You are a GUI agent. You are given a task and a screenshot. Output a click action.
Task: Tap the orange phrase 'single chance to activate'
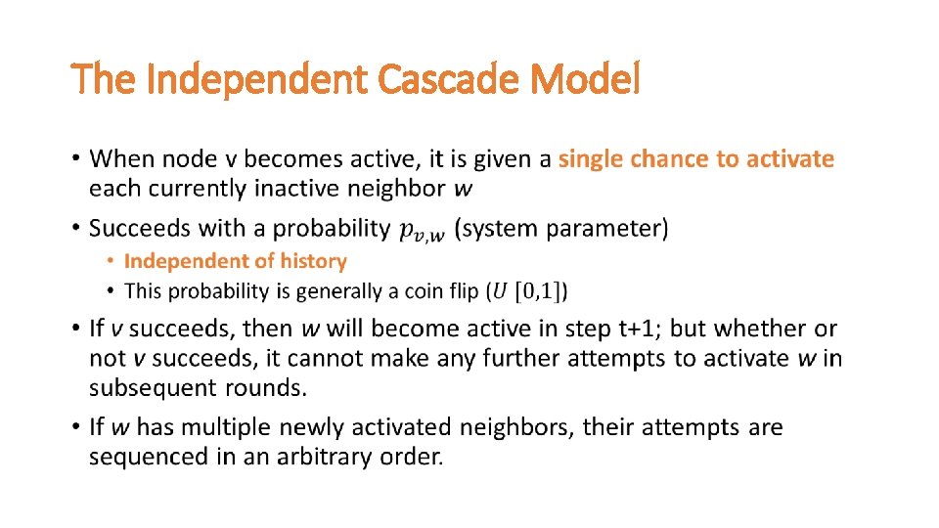pos(695,158)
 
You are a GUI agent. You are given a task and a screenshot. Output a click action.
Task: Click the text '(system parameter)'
pos(562,229)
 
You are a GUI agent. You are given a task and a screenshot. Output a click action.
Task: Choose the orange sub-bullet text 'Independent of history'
pos(236,261)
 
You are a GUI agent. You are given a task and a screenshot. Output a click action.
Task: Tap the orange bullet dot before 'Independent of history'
pos(112,261)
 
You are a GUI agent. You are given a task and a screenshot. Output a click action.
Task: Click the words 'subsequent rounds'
pos(198,388)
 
